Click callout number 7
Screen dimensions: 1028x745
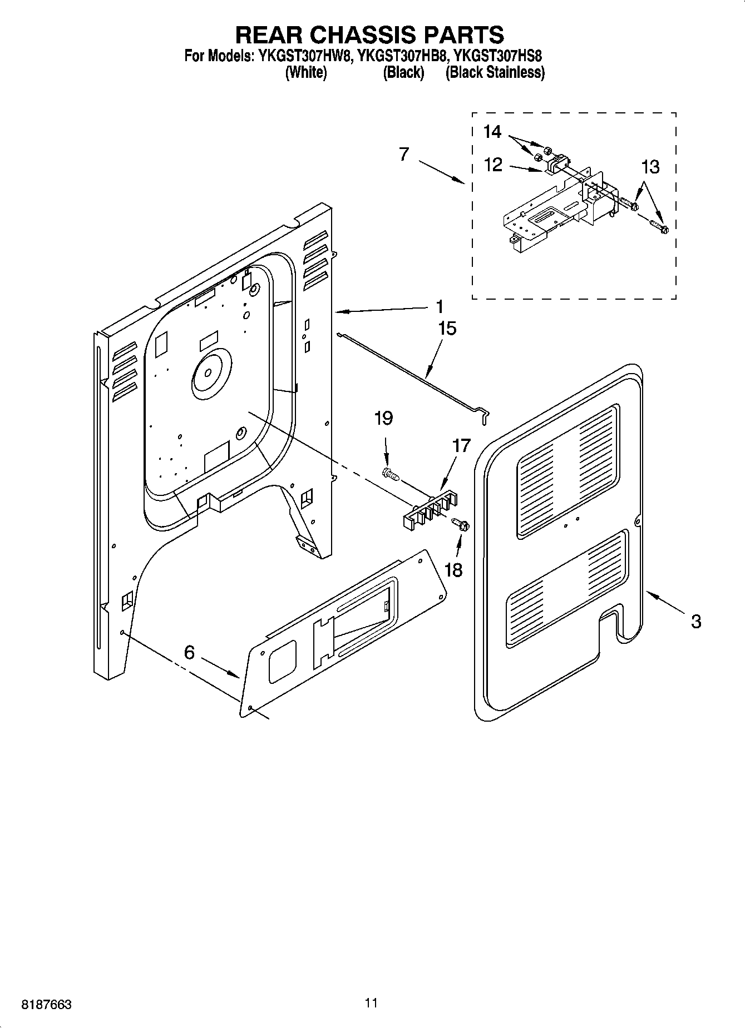[404, 154]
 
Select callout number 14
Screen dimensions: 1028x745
[492, 132]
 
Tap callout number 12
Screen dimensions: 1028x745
[493, 165]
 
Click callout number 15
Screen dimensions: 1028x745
[447, 329]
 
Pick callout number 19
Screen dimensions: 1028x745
[383, 418]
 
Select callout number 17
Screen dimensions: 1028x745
[461, 446]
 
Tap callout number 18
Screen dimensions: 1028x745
[453, 570]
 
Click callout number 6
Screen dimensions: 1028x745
[189, 652]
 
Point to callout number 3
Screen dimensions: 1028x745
[695, 621]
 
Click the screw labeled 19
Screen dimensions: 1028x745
[391, 474]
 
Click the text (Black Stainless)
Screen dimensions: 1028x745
[495, 72]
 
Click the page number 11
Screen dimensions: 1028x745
[372, 1002]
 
